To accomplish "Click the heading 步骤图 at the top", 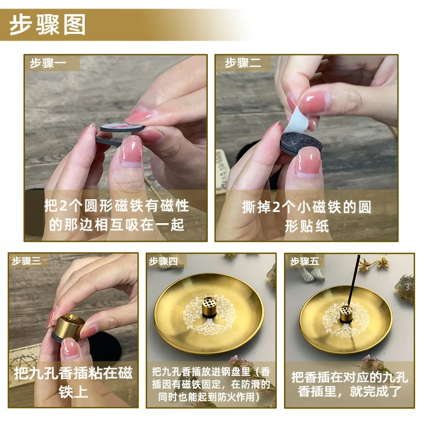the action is (x=48, y=24).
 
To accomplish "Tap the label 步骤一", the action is (x=48, y=63).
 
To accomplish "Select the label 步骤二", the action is (x=243, y=63).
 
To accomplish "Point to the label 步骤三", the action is (x=26, y=261).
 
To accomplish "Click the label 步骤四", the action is (x=163, y=261).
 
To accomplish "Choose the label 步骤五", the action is (x=304, y=261).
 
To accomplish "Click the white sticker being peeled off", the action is (x=297, y=121).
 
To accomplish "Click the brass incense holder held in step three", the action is (x=69, y=327).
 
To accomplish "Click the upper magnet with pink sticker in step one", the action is (x=122, y=127).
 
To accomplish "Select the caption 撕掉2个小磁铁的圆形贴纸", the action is (x=307, y=216).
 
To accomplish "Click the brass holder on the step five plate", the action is (x=346, y=314).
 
